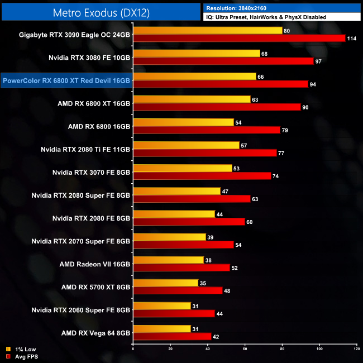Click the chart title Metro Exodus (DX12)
(100, 12)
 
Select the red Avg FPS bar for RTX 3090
(239, 38)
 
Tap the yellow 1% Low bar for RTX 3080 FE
(197, 54)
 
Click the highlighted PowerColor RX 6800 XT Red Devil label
(66, 80)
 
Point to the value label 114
(351, 38)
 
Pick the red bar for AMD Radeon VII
(181, 268)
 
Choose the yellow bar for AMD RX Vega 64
(161, 329)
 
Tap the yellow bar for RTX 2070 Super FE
(169, 237)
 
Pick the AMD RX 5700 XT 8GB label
(97, 287)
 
